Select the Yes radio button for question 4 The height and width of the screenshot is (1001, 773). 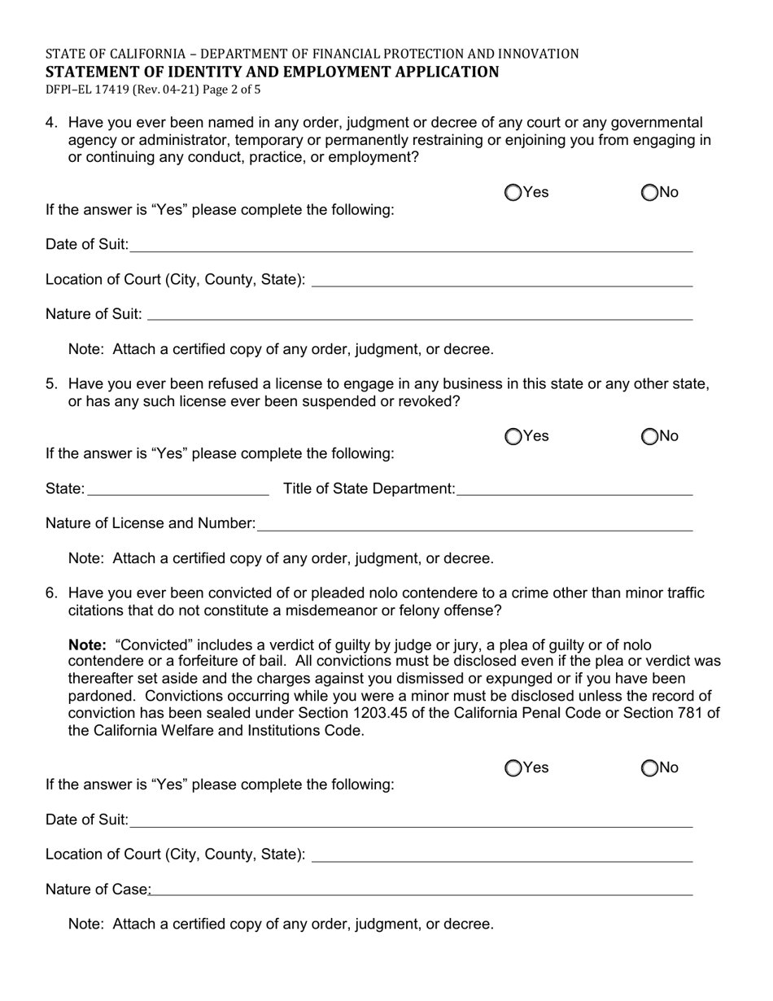(x=513, y=193)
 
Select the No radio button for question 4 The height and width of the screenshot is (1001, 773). (x=649, y=193)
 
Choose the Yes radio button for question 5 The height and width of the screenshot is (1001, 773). (x=513, y=437)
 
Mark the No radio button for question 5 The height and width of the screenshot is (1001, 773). (x=649, y=437)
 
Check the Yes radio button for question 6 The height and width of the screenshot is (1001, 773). (x=513, y=768)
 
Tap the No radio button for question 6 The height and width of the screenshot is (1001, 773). (x=649, y=768)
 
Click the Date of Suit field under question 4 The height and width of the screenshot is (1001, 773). (x=411, y=245)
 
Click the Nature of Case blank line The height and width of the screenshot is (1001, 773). (x=421, y=890)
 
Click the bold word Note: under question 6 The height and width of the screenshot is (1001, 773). (x=87, y=645)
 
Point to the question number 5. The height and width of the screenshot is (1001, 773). (x=51, y=384)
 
